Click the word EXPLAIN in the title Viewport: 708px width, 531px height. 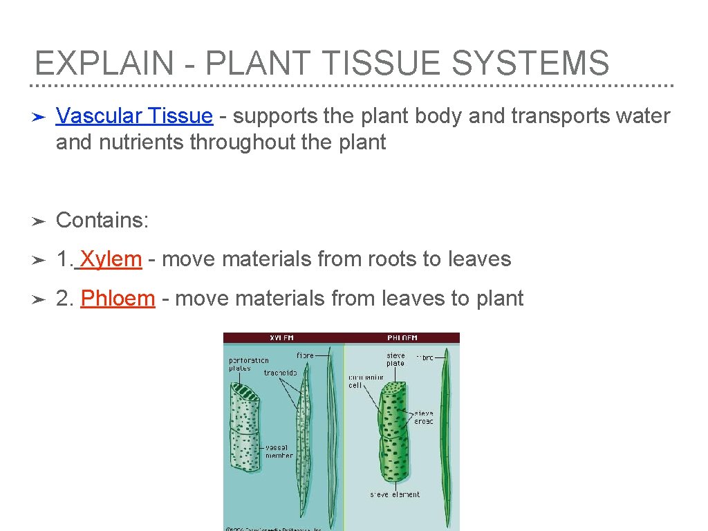pyautogui.click(x=104, y=63)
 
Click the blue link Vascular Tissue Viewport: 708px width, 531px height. pyautogui.click(x=134, y=115)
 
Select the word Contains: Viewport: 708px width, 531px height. pyautogui.click(x=102, y=220)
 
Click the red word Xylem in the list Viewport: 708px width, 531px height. pyautogui.click(x=111, y=259)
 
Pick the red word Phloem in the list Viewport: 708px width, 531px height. pyautogui.click(x=118, y=299)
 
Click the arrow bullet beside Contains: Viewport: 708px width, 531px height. pyautogui.click(x=39, y=221)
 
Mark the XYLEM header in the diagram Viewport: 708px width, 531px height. pyautogui.click(x=281, y=338)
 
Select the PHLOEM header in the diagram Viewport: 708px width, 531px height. pyautogui.click(x=403, y=338)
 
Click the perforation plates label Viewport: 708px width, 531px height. pyautogui.click(x=249, y=364)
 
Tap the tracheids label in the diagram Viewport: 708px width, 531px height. pyautogui.click(x=280, y=373)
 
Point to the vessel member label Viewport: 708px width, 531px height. pyautogui.click(x=279, y=451)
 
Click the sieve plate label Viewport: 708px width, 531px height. pyautogui.click(x=395, y=360)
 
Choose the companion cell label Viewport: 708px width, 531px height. pyautogui.click(x=366, y=381)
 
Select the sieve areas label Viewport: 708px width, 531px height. pyautogui.click(x=423, y=417)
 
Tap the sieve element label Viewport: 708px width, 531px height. pyautogui.click(x=395, y=494)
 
